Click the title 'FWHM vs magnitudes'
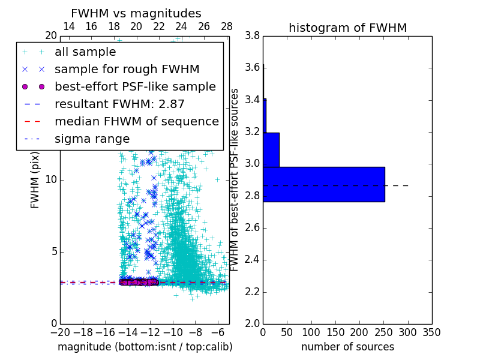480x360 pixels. (136, 13)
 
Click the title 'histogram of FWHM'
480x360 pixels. (347, 28)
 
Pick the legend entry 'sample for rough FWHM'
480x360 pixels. (127, 69)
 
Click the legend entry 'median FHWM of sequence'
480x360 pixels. (136, 121)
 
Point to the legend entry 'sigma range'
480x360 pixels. (92, 139)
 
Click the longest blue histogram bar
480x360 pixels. (323, 184)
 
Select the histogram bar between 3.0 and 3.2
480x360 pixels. (271, 149)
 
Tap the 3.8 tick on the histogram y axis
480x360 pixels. (252, 36)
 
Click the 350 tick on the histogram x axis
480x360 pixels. (432, 332)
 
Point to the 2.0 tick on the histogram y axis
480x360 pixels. (252, 324)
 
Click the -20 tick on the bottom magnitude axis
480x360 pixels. (60, 332)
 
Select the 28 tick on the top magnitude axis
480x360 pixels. (227, 26)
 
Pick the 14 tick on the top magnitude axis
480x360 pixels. (69, 26)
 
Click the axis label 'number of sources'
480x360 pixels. (347, 347)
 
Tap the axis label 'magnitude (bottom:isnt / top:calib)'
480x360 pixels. (145, 347)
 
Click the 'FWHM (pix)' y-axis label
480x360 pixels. (35, 179)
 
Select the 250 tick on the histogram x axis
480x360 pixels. (384, 332)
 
